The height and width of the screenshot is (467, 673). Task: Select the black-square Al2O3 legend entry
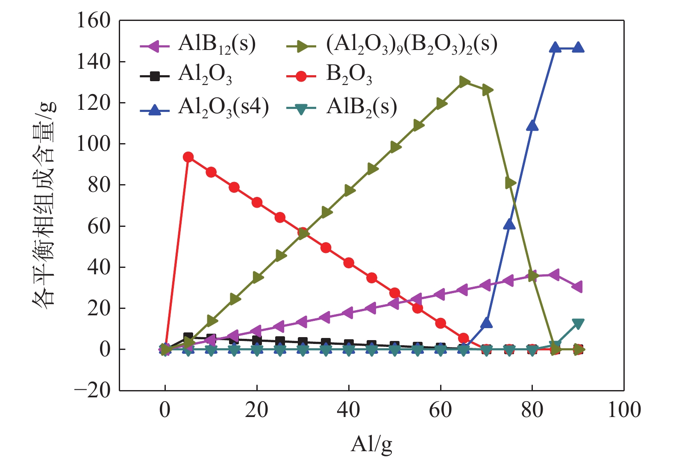coord(186,76)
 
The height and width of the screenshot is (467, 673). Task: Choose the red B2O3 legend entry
coord(329,76)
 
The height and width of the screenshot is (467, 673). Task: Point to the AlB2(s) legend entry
coord(342,108)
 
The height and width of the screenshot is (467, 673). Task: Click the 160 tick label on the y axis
coord(93,21)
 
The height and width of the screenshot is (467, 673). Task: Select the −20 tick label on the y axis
coord(92,391)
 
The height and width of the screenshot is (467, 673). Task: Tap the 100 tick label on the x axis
coord(624,410)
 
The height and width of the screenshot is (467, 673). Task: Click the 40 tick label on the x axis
coord(349,410)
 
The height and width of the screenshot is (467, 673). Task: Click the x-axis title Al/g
coord(371,444)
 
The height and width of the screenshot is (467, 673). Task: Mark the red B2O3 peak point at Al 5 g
coord(188,157)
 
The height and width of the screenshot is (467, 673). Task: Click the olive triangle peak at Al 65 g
coord(464,82)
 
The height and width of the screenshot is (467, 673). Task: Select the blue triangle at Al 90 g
coord(578,47)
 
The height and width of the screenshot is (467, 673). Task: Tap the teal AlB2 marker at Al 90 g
coord(578,323)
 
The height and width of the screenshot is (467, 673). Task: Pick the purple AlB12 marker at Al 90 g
coord(578,287)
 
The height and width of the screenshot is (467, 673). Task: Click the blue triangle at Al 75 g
coord(509,224)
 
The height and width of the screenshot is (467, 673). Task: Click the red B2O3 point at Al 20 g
coord(257,203)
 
